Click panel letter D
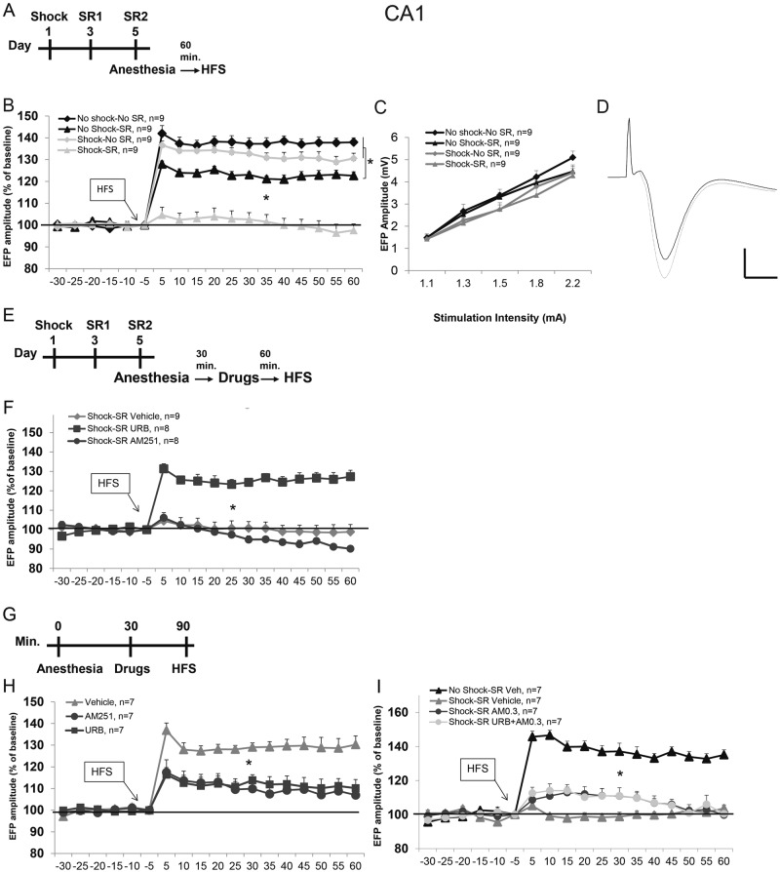pyautogui.click(x=602, y=105)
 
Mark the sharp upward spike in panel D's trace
pyautogui.click(x=630, y=122)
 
